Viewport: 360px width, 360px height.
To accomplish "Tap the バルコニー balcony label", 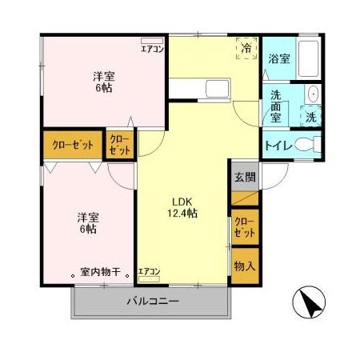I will pos(152,302).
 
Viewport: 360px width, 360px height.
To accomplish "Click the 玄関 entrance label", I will pos(245,178).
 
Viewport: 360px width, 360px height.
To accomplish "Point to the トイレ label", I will pos(276,146).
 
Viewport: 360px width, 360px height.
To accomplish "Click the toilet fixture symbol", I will pos(307,146).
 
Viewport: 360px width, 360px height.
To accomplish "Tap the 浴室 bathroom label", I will pos(278,58).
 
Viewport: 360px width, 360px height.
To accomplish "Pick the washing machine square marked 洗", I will pos(310,117).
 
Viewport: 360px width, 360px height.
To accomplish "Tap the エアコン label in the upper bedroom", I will pos(152,48).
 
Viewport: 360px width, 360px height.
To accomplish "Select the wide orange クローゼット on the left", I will pos(72,146).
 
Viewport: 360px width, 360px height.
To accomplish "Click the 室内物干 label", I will pos(100,272).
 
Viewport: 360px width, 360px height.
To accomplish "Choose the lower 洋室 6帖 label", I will pos(88,222).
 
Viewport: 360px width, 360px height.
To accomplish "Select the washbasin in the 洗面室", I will pos(313,95).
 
